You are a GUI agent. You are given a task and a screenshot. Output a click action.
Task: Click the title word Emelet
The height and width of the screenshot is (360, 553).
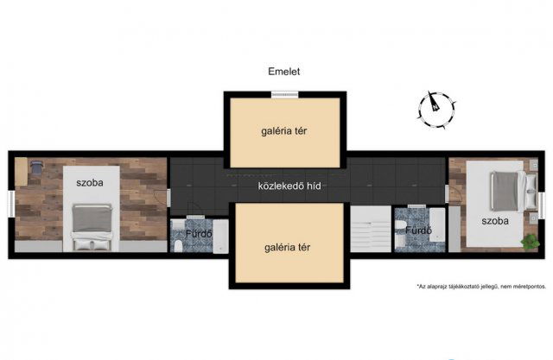click(284, 72)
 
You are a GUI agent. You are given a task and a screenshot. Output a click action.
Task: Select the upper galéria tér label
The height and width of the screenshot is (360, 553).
click(284, 131)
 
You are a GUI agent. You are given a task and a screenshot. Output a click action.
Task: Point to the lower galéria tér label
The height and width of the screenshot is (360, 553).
click(288, 248)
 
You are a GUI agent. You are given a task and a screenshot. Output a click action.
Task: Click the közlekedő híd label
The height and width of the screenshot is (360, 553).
click(289, 186)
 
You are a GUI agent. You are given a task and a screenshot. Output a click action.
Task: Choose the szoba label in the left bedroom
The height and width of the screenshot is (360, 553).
click(90, 183)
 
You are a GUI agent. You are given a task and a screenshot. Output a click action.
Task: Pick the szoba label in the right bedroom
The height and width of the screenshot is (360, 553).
click(495, 221)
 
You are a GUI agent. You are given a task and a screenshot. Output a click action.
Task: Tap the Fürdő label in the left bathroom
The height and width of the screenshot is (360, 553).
click(199, 234)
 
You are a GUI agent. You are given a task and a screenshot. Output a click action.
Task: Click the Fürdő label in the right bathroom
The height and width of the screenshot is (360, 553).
click(418, 231)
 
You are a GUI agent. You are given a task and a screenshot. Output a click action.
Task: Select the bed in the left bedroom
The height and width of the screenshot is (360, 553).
click(92, 227)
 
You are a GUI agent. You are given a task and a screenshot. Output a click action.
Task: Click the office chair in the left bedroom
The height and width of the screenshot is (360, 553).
click(36, 167)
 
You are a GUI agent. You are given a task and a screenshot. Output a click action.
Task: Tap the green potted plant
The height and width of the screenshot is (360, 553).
click(530, 243)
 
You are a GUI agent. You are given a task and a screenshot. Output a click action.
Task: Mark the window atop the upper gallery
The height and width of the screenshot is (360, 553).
click(285, 94)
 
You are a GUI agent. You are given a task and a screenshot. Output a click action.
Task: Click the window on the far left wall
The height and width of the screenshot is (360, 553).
click(11, 205)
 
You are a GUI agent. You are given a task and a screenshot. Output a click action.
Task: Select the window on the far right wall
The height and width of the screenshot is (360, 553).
click(542, 205)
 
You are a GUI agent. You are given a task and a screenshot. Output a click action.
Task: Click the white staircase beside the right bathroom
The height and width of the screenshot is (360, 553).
click(371, 229)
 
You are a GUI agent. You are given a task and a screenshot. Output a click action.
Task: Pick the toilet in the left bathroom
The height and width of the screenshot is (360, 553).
click(179, 245)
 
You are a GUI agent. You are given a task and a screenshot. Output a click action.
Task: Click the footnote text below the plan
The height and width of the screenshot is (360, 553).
click(481, 287)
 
